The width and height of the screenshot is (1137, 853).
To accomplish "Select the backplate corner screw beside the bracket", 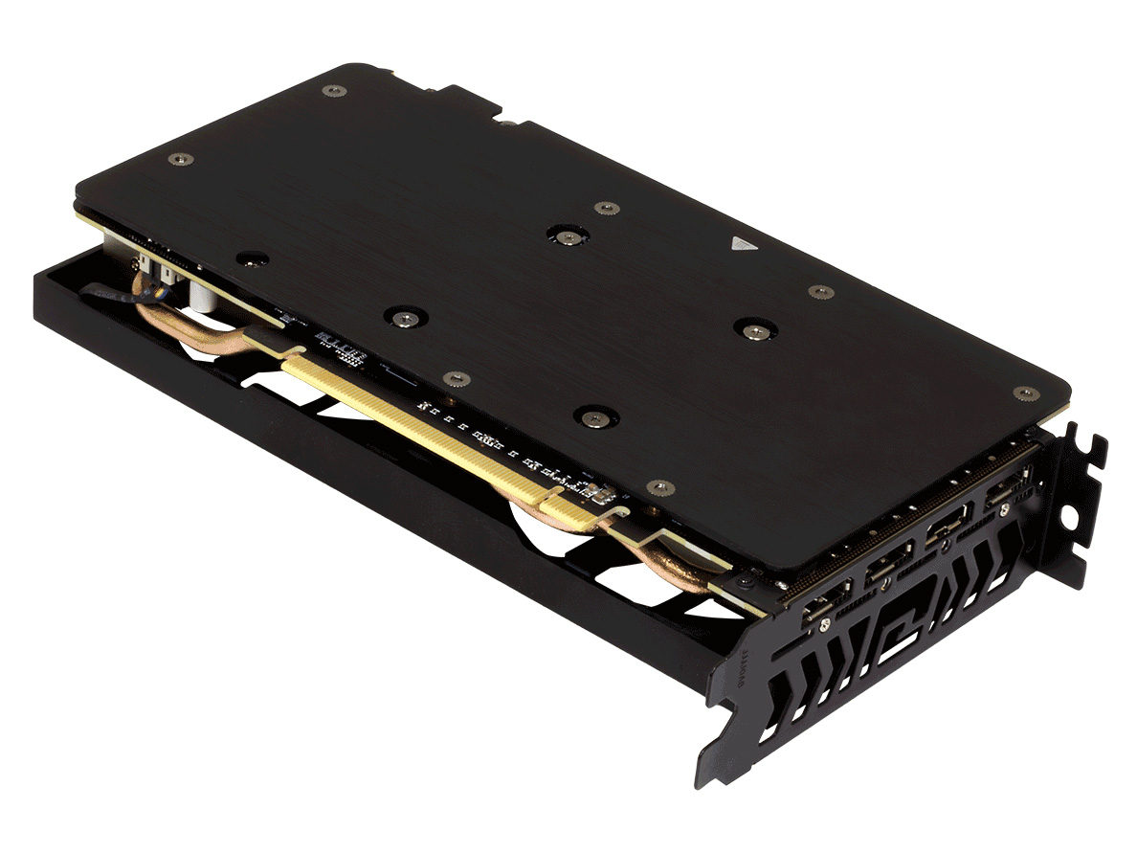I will pos(1025,393).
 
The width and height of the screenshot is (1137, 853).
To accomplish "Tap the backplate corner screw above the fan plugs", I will pos(180,159).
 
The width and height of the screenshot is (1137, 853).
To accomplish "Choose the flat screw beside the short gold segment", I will pos(660,487).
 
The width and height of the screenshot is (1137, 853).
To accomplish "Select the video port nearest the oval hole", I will pos(1000,495).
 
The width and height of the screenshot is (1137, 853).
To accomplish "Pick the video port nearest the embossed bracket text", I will pos(825,611).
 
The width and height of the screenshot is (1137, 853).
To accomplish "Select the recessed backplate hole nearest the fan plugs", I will pos(253,258).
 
